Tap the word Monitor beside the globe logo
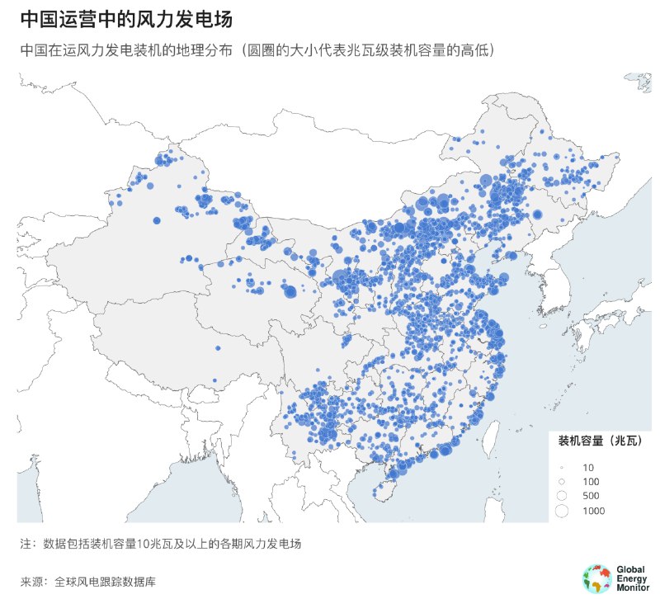coord(633,587)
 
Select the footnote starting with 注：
coord(161,544)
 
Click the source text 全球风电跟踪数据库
coord(106,582)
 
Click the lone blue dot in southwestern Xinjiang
coord(155,220)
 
